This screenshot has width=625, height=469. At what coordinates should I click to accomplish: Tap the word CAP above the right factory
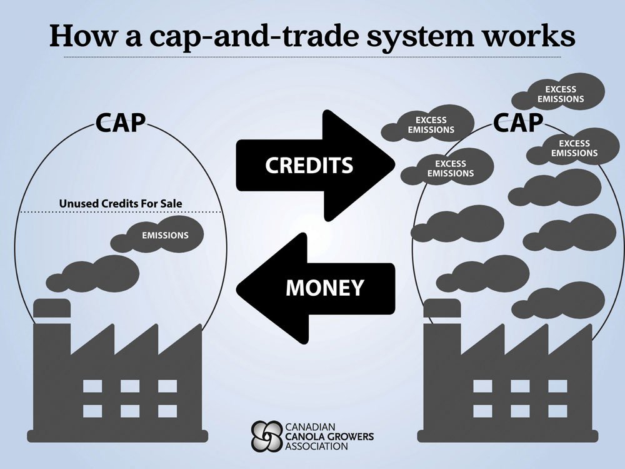point(517,123)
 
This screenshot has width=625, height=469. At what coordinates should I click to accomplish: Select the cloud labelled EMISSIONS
point(164,235)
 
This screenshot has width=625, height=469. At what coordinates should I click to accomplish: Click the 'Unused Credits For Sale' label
point(124,203)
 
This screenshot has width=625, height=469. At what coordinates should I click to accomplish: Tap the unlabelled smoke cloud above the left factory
point(101,272)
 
